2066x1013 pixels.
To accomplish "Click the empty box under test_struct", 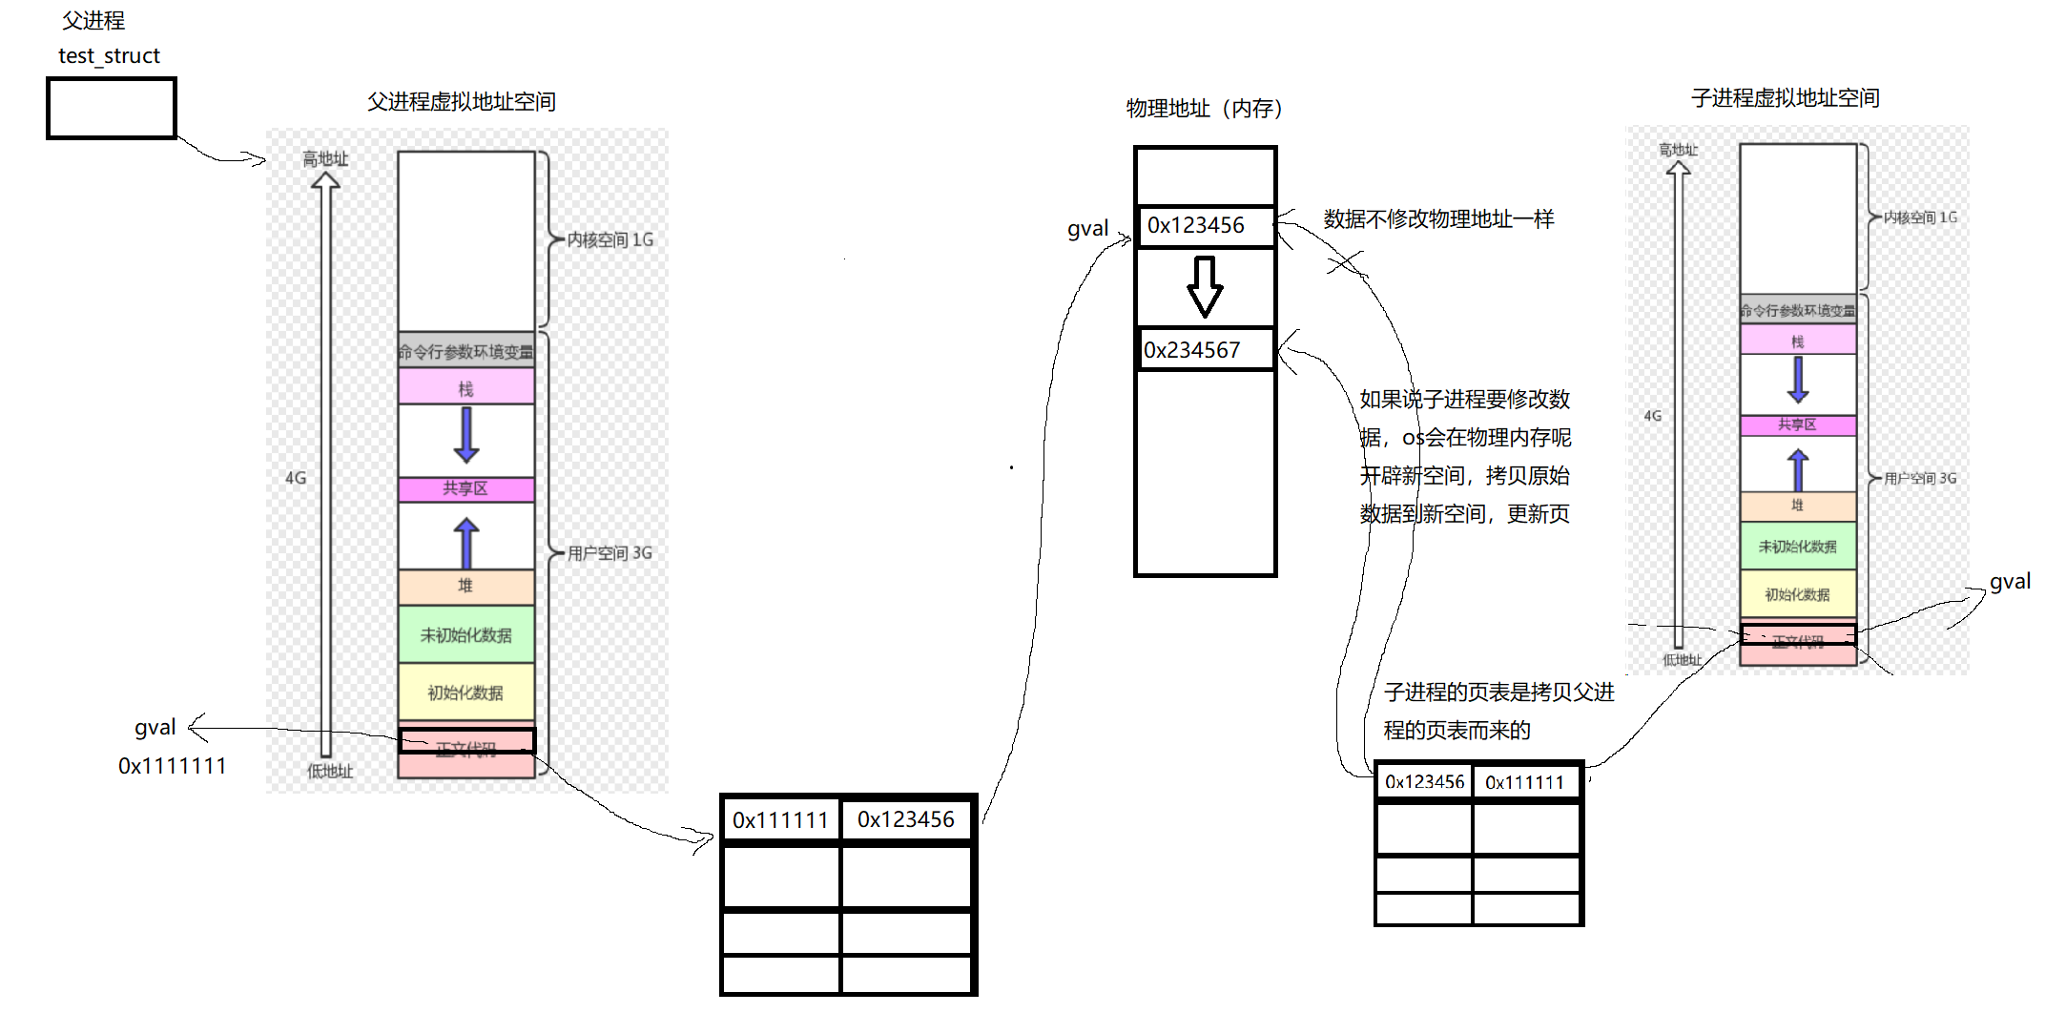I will click(112, 109).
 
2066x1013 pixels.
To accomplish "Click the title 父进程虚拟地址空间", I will click(462, 102).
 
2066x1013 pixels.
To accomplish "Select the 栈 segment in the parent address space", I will click(465, 387).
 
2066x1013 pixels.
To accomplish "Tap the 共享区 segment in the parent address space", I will click(465, 488).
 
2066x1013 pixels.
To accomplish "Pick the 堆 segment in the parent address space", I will click(465, 586).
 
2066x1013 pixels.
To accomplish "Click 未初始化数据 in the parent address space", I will click(465, 635).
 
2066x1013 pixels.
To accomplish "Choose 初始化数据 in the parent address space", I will click(465, 693).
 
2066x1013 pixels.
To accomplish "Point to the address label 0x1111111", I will click(172, 766).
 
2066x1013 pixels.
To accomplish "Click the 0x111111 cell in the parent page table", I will click(780, 819).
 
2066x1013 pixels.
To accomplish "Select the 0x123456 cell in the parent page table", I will click(905, 819).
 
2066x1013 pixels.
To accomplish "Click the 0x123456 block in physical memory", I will click(1204, 226).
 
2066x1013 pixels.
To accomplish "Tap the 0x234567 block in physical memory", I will click(1204, 350).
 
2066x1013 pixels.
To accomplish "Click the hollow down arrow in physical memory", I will click(1205, 286).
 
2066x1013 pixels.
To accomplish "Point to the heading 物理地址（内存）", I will click(1204, 109).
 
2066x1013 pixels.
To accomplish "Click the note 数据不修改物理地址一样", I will click(1438, 219).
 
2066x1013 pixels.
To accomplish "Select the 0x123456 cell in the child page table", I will click(1424, 782).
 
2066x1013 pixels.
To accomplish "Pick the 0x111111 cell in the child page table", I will click(1524, 782).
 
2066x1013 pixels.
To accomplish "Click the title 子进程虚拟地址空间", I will click(1785, 98).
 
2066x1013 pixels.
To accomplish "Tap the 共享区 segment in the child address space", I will click(1797, 424).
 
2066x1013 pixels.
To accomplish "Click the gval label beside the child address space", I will click(2010, 582).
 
